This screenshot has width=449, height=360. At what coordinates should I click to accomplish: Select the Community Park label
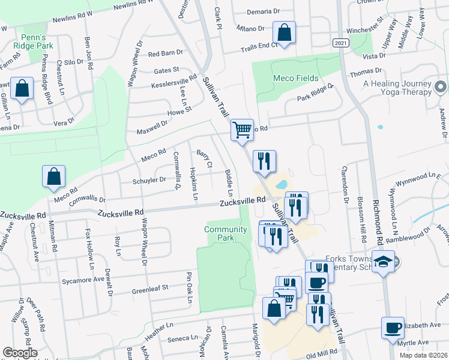(x=226, y=233)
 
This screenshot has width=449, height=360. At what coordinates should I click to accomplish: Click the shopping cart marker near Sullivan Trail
(x=242, y=130)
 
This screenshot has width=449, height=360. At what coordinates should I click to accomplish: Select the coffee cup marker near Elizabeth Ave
(x=393, y=328)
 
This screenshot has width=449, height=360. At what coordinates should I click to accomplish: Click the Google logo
(x=19, y=353)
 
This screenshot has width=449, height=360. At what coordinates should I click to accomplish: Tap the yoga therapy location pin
(x=441, y=88)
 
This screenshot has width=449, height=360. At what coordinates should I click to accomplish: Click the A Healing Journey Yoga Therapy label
(x=397, y=88)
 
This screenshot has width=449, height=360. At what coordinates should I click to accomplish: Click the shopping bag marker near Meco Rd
(x=53, y=177)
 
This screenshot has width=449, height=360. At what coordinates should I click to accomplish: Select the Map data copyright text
(x=423, y=355)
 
